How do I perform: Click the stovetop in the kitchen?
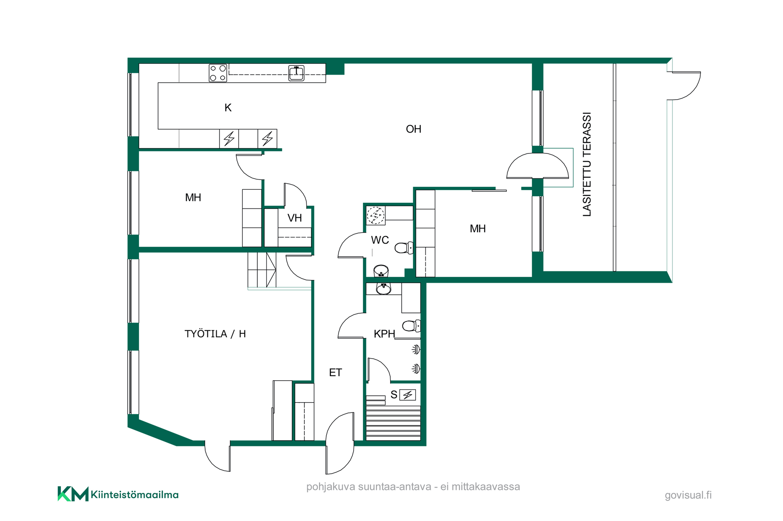218,73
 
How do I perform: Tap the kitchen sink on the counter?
296,73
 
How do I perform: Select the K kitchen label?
228,108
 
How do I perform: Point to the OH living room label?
414,129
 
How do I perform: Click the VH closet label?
294,218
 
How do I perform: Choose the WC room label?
380,240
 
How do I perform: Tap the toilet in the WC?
404,248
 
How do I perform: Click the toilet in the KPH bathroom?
411,326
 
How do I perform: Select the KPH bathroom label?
385,334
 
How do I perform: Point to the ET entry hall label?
335,372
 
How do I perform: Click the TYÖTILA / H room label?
215,334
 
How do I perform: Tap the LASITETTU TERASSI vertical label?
587,164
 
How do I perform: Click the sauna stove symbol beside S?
407,395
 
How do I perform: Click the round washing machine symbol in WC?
376,215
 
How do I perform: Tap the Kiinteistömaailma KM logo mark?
73,494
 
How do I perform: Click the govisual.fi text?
688,495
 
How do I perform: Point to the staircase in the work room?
262,270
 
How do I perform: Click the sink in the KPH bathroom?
383,289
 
